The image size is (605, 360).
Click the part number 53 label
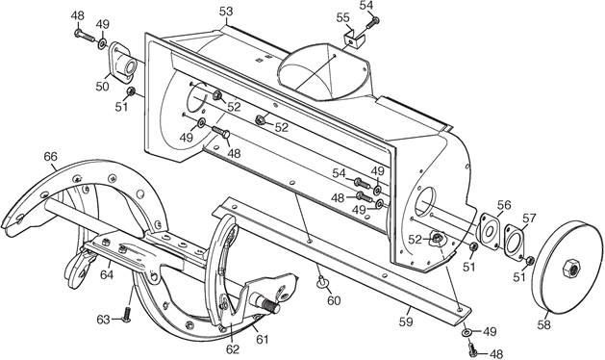pyautogui.click(x=226, y=12)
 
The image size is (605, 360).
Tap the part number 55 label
pyautogui.click(x=342, y=17)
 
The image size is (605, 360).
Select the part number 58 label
pyautogui.click(x=544, y=325)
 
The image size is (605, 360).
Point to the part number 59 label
pyautogui.click(x=406, y=321)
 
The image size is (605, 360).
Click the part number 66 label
pyautogui.click(x=50, y=157)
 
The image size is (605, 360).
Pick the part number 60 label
pyautogui.click(x=334, y=300)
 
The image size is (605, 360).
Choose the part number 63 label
pyautogui.click(x=104, y=320)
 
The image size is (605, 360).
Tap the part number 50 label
pyautogui.click(x=103, y=86)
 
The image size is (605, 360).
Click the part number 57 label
pyautogui.click(x=529, y=219)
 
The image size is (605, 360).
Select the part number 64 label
pyautogui.click(x=107, y=274)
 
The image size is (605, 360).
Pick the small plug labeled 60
pyautogui.click(x=322, y=282)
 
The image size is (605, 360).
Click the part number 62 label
pyautogui.click(x=232, y=349)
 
